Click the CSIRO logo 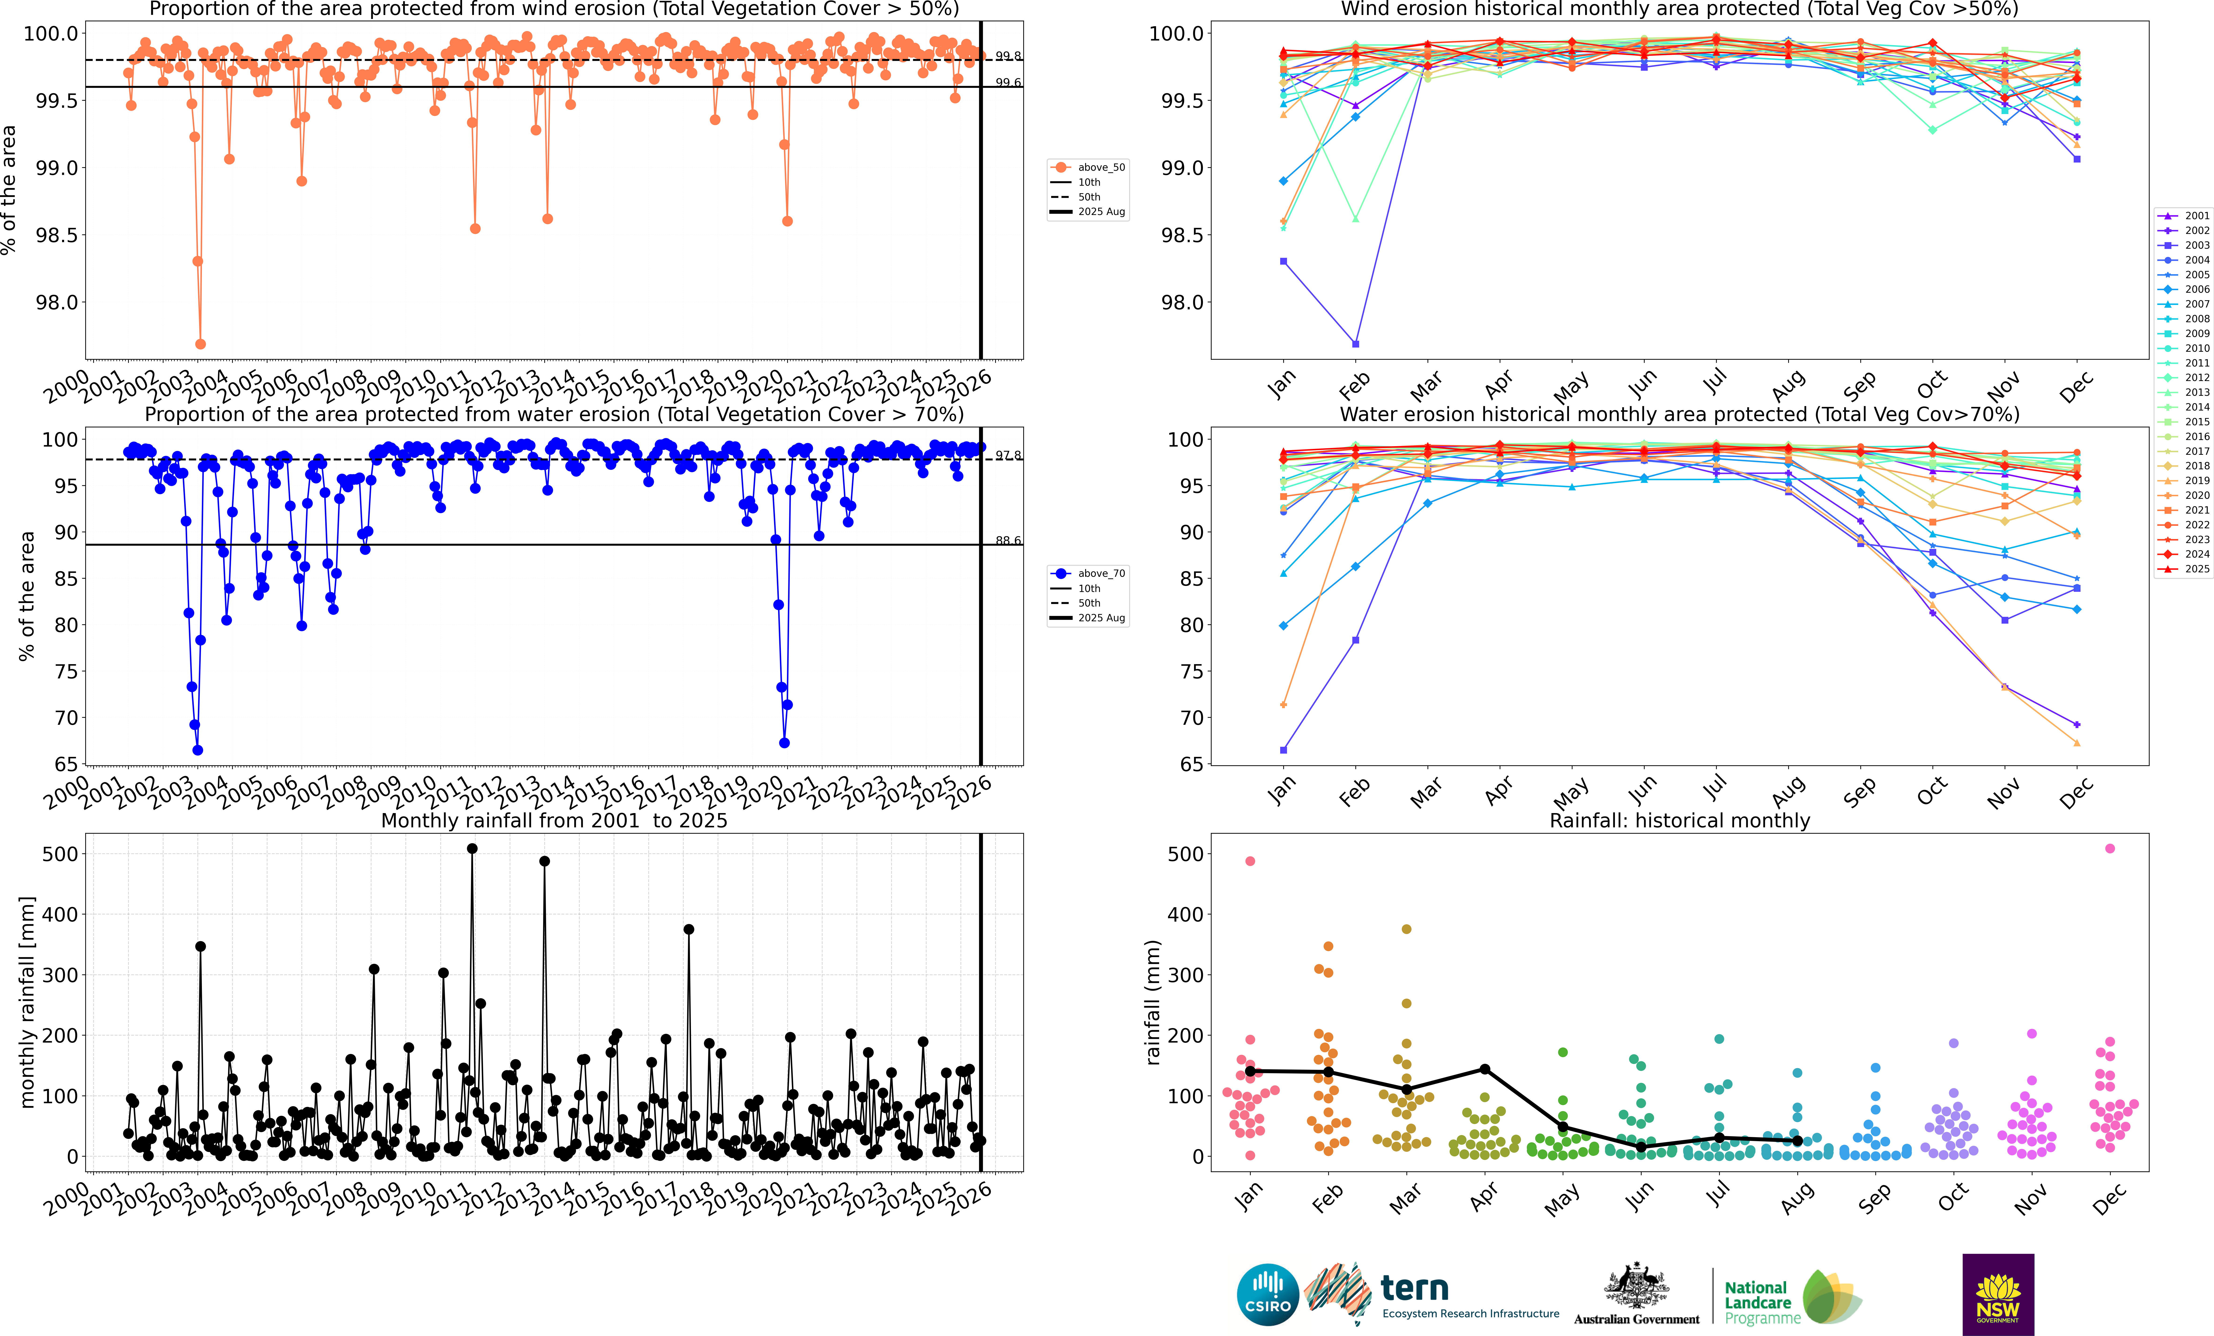pos(1267,1295)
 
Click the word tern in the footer pos(1414,1288)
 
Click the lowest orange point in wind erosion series pos(200,344)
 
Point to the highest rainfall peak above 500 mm pos(473,848)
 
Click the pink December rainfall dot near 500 pos(2110,848)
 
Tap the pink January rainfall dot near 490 pos(1250,861)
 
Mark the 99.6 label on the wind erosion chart pos(1007,83)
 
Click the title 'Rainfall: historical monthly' pos(1679,820)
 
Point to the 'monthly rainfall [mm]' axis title pos(27,1002)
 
